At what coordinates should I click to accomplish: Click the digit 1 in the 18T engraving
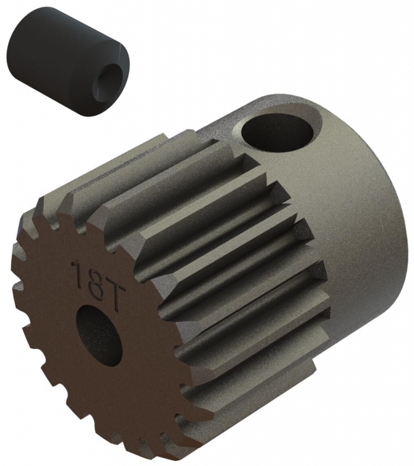tap(78, 274)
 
